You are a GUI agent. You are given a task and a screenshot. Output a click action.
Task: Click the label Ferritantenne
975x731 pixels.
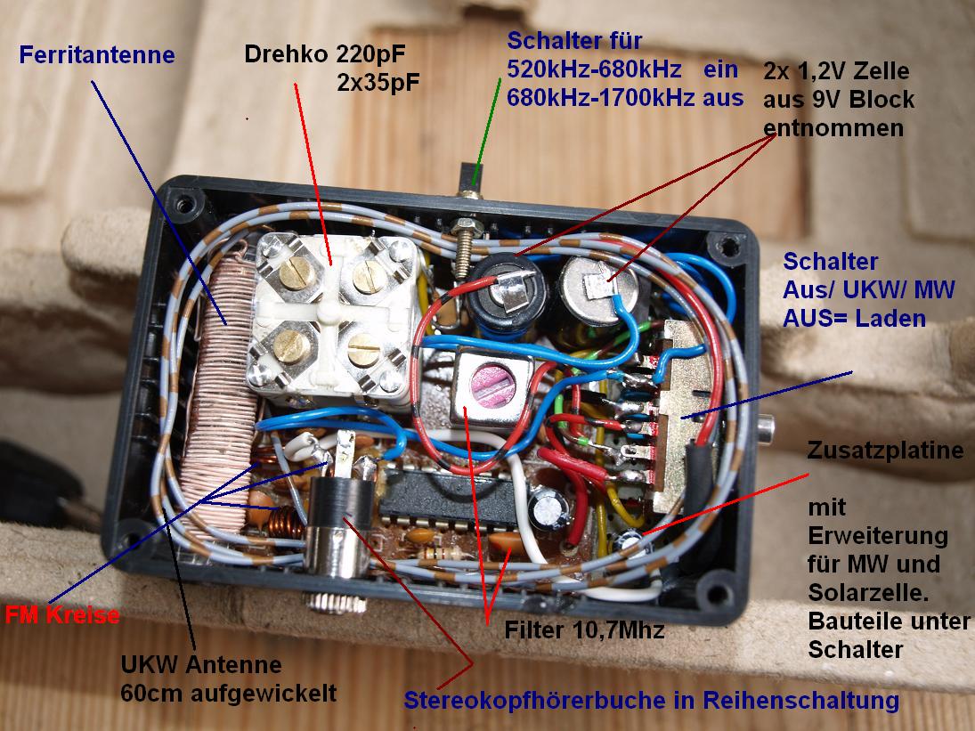click(96, 55)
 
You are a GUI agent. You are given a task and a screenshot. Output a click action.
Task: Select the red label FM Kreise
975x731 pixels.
click(61, 614)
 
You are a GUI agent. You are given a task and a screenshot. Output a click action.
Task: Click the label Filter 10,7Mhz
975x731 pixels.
click(585, 630)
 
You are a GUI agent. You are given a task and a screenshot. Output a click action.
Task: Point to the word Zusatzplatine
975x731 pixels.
click(885, 451)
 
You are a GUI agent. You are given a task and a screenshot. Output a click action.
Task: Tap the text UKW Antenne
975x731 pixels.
click(201, 664)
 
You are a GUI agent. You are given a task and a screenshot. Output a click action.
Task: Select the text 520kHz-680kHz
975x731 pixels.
click(594, 69)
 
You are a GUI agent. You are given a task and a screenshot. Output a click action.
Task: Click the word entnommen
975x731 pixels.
click(833, 128)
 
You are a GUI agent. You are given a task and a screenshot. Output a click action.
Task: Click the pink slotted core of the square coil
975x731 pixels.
click(492, 383)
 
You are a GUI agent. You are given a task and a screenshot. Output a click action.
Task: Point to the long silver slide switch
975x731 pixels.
click(687, 414)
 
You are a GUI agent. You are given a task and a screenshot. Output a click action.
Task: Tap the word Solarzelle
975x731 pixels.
click(855, 592)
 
